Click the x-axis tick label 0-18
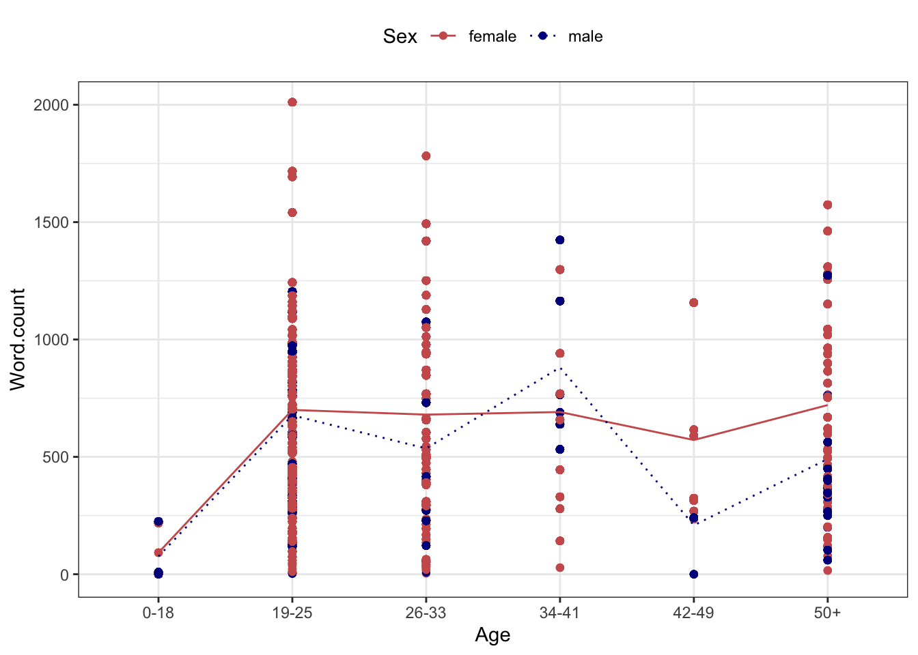pyautogui.click(x=158, y=613)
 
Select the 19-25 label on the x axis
pyautogui.click(x=292, y=613)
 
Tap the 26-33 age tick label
pyautogui.click(x=426, y=613)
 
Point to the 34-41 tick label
pyautogui.click(x=559, y=613)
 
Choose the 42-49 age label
pyautogui.click(x=693, y=613)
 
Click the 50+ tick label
pyautogui.click(x=827, y=613)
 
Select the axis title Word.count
pyautogui.click(x=18, y=339)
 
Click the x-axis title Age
pyautogui.click(x=492, y=635)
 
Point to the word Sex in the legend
pyautogui.click(x=400, y=37)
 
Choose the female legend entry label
pyautogui.click(x=492, y=37)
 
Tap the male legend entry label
pyautogui.click(x=585, y=37)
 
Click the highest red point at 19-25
pyautogui.click(x=292, y=102)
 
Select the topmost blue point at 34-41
pyautogui.click(x=560, y=240)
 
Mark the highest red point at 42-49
pyautogui.click(x=694, y=302)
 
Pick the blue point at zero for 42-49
pyautogui.click(x=694, y=574)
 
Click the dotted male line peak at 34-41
pyautogui.click(x=560, y=368)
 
